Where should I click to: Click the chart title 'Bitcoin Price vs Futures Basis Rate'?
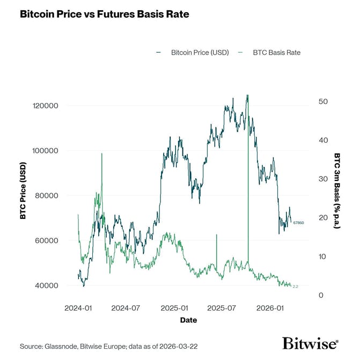(104, 14)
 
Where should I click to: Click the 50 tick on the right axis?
(323, 101)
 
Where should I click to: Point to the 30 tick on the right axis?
(323, 179)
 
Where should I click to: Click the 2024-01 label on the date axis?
(78, 308)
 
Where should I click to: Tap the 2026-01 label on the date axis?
(270, 308)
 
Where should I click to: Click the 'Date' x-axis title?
(188, 320)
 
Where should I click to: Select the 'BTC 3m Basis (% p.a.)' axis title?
(337, 191)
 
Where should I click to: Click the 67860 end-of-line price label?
(299, 222)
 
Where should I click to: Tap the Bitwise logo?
(310, 343)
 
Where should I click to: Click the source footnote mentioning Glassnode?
(109, 346)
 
